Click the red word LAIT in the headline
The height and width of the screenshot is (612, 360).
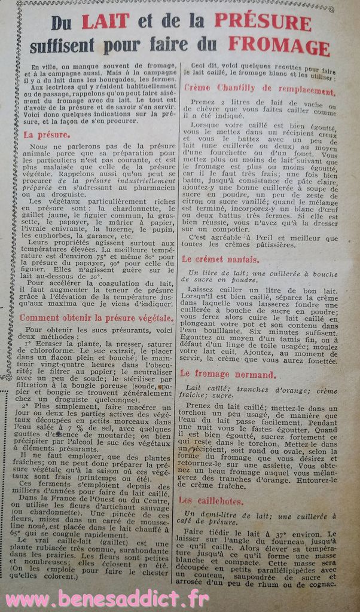[x=105, y=22]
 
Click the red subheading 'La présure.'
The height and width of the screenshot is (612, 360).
[x=46, y=135]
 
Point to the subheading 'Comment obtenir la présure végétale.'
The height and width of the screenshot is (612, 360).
[x=96, y=318]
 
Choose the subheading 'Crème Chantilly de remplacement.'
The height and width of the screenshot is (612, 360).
[x=258, y=91]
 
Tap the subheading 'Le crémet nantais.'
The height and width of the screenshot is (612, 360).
[x=220, y=259]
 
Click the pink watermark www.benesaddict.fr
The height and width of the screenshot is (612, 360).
[x=108, y=598]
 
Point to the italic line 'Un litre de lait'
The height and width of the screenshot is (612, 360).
[x=251, y=273]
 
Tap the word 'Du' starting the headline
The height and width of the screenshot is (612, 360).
[x=61, y=23]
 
